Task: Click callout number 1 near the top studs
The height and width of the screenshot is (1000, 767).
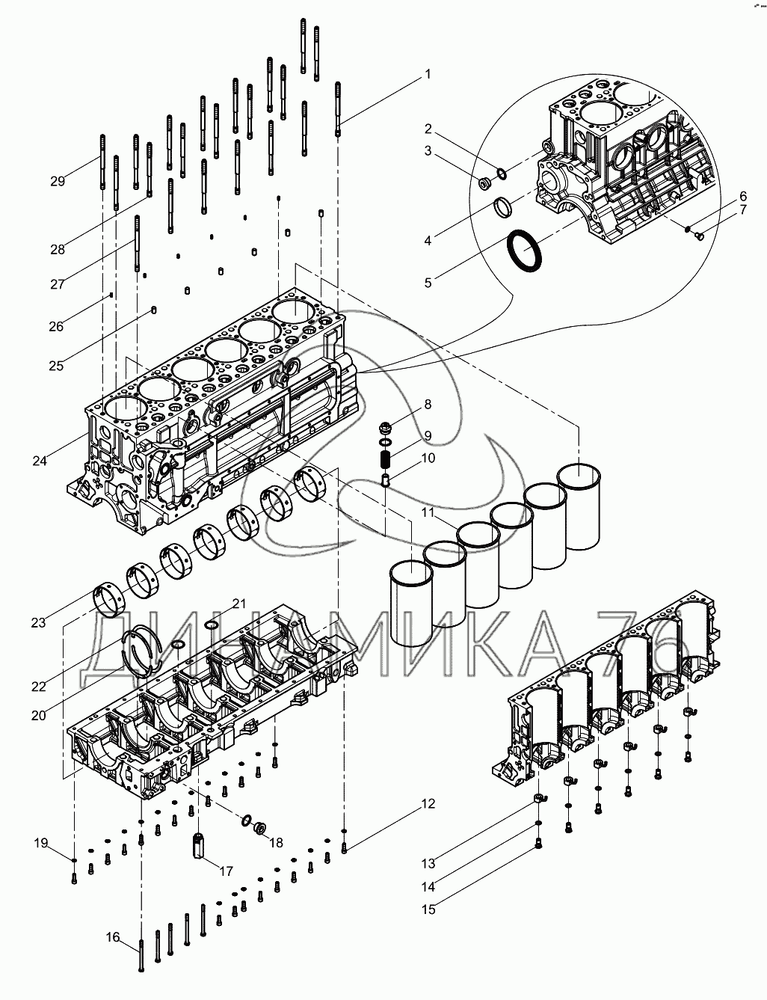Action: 428,74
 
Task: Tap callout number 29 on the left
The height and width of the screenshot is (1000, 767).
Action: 58,181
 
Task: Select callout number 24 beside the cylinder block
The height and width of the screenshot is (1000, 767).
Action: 40,461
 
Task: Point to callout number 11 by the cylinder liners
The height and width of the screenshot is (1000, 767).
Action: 427,512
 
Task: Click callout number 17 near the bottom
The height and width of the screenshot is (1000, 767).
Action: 225,871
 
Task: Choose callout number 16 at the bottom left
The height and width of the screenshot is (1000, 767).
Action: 112,937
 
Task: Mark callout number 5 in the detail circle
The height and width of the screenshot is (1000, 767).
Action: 428,283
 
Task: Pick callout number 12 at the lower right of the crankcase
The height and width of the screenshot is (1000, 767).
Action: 428,804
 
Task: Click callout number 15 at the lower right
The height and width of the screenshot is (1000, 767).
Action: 428,909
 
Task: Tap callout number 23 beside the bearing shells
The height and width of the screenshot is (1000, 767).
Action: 39,622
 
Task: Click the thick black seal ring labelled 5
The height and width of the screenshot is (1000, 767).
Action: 524,251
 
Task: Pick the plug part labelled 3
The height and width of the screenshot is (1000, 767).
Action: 484,182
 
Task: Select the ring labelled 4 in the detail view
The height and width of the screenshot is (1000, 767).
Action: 504,206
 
